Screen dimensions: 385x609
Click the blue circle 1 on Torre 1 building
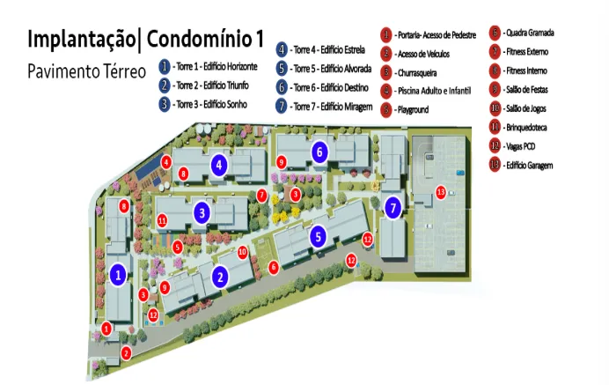pos(117,275)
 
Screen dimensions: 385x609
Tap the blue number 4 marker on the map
pos(218,164)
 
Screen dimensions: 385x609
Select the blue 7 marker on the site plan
pos(393,208)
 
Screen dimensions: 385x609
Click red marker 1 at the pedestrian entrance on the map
pos(106,329)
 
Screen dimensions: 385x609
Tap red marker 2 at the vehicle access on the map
pos(126,353)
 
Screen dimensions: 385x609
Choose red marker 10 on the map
pos(243,252)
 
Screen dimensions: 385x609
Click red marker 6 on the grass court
pos(274,266)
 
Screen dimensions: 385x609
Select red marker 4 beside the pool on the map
pos(166,161)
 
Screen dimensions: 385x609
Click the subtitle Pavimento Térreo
pos(85,70)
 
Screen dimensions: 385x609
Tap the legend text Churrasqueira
pos(422,73)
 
